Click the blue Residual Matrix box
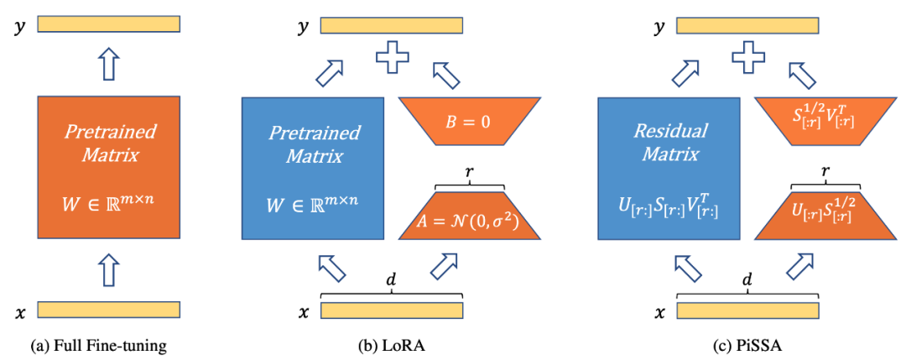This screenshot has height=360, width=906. click(x=669, y=168)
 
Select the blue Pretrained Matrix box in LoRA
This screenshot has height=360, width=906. click(x=313, y=168)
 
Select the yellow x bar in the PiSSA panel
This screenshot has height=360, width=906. click(x=747, y=310)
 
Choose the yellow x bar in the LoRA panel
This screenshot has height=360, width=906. click(x=392, y=310)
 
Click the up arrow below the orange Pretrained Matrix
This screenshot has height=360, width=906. click(x=109, y=270)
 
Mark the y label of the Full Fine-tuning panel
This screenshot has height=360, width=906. click(x=20, y=26)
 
